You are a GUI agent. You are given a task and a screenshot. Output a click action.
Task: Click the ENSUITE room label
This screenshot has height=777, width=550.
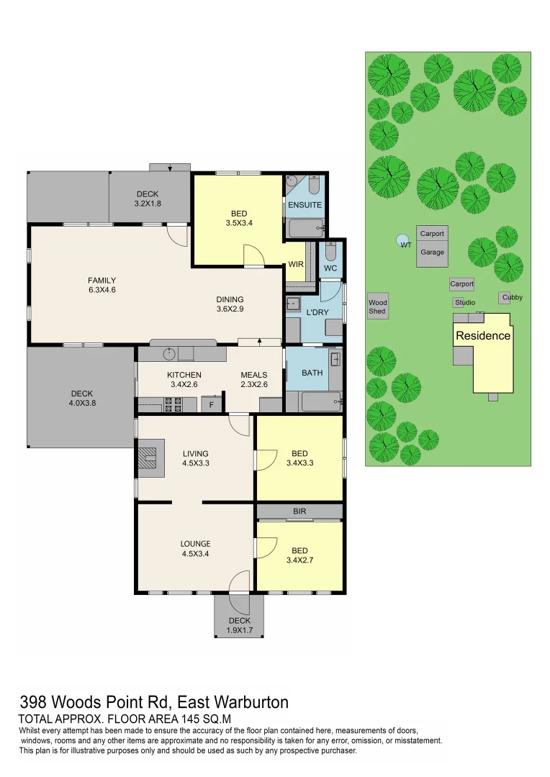pyautogui.click(x=305, y=205)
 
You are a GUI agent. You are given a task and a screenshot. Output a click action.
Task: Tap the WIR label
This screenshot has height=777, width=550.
pyautogui.click(x=295, y=265)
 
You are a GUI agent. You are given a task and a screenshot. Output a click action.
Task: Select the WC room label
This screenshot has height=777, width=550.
pyautogui.click(x=330, y=268)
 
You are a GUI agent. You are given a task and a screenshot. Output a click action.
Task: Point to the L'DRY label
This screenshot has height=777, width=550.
pyautogui.click(x=317, y=313)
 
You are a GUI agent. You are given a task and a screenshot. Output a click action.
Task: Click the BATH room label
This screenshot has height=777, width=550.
pyautogui.click(x=312, y=373)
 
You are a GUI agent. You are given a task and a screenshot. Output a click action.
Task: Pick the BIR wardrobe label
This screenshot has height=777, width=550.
pyautogui.click(x=299, y=512)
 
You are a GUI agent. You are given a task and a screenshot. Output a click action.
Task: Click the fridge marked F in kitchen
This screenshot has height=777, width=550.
pyautogui.click(x=211, y=405)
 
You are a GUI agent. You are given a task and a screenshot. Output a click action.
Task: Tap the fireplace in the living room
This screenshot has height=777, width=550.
pyautogui.click(x=148, y=457)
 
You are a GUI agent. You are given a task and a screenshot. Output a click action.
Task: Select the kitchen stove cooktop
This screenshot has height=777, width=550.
pyautogui.click(x=173, y=405)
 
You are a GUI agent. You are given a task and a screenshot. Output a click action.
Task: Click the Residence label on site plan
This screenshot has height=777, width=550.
pyautogui.click(x=483, y=336)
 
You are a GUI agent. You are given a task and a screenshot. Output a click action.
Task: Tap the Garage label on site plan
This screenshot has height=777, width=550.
pyautogui.click(x=432, y=253)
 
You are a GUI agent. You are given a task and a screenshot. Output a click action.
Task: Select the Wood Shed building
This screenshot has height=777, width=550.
pyautogui.click(x=377, y=306)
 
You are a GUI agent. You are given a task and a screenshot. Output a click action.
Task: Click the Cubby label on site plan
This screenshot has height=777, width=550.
pyautogui.click(x=512, y=297)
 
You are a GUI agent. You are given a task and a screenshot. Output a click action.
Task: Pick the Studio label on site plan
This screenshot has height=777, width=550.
pyautogui.click(x=464, y=303)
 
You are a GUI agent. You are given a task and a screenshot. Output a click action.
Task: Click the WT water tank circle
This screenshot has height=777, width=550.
pyautogui.click(x=401, y=240)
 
